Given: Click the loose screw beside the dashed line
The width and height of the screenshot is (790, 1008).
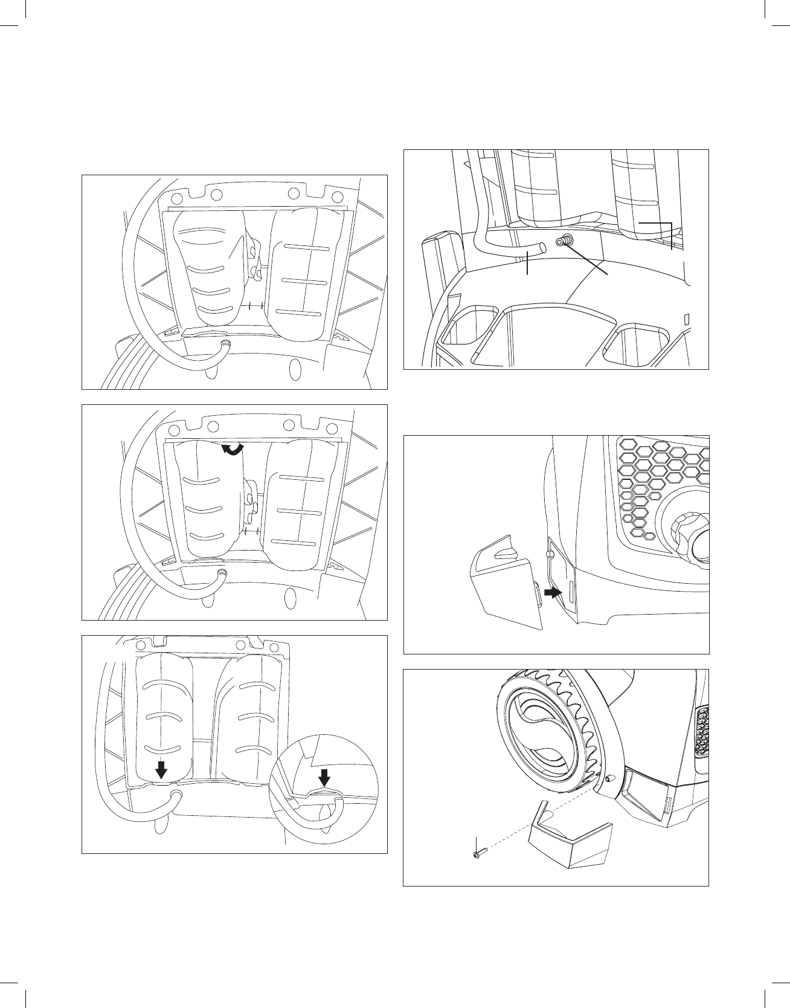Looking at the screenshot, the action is pos(477,855).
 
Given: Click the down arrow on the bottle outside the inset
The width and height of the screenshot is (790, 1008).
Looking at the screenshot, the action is pos(161,769).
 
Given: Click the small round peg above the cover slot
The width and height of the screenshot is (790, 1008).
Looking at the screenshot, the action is pos(550,554).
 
